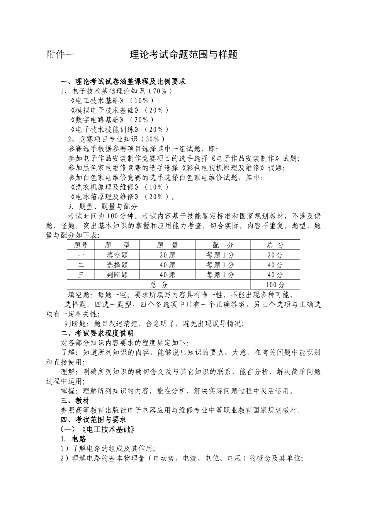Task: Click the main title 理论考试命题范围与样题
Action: coord(183,54)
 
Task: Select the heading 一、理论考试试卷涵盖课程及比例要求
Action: coord(123,82)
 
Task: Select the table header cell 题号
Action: coord(81,245)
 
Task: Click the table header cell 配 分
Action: coord(223,245)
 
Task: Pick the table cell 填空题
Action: coord(117,255)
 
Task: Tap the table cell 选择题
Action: coord(117,265)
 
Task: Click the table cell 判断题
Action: coord(117,275)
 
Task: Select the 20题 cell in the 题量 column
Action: coord(167,255)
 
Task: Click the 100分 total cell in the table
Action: coord(275,285)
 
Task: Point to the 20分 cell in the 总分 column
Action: coord(275,255)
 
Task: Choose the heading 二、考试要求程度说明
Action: coord(97,333)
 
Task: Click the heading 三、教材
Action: coord(75,401)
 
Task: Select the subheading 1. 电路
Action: coord(73,439)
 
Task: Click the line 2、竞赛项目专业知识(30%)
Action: coord(117,139)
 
